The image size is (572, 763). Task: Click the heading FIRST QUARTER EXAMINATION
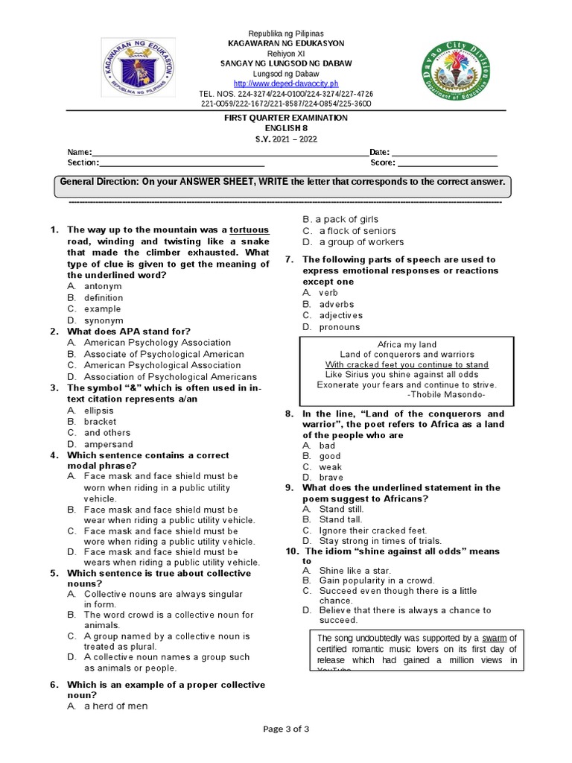(286, 118)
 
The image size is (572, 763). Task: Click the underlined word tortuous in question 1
(249, 230)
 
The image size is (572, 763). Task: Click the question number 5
(54, 573)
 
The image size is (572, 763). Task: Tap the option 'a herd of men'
(115, 706)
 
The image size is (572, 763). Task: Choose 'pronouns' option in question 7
(339, 326)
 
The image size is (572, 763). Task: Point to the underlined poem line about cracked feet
(407, 364)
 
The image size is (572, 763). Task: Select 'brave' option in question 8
(331, 477)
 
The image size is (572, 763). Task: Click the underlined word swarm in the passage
(494, 639)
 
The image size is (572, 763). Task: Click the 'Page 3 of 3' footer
(285, 729)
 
